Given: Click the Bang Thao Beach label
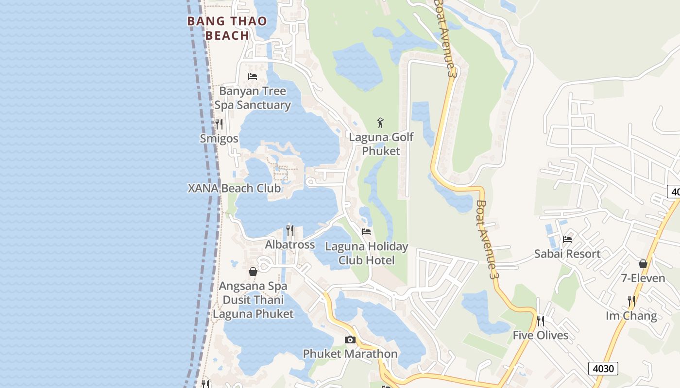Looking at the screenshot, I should point(227,28).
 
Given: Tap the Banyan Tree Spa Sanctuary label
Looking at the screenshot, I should point(253,98).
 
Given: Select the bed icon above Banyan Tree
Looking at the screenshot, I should point(253,76).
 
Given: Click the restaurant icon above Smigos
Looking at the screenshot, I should point(219,124).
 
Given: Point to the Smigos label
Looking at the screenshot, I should point(219,139).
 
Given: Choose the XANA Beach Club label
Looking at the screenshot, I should point(234,188).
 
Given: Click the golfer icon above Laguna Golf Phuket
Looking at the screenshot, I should point(381,122).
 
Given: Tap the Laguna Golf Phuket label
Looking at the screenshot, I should point(381,144).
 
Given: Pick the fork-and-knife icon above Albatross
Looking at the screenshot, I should point(290,230).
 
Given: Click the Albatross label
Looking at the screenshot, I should point(290,244).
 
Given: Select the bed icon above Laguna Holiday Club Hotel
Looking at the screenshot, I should point(366,232).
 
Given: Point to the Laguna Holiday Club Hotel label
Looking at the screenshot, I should point(367,253).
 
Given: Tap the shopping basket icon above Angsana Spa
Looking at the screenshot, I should point(253,272).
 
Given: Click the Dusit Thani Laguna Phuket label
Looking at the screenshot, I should point(253,307).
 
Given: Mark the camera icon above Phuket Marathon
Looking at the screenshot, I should point(350,339).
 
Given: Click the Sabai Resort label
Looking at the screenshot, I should point(567,254).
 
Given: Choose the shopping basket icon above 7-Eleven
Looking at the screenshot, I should point(643,264).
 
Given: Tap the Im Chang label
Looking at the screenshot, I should point(631,316).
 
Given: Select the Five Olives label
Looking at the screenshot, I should point(541,336).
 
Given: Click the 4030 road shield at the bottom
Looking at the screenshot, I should point(603,369).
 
